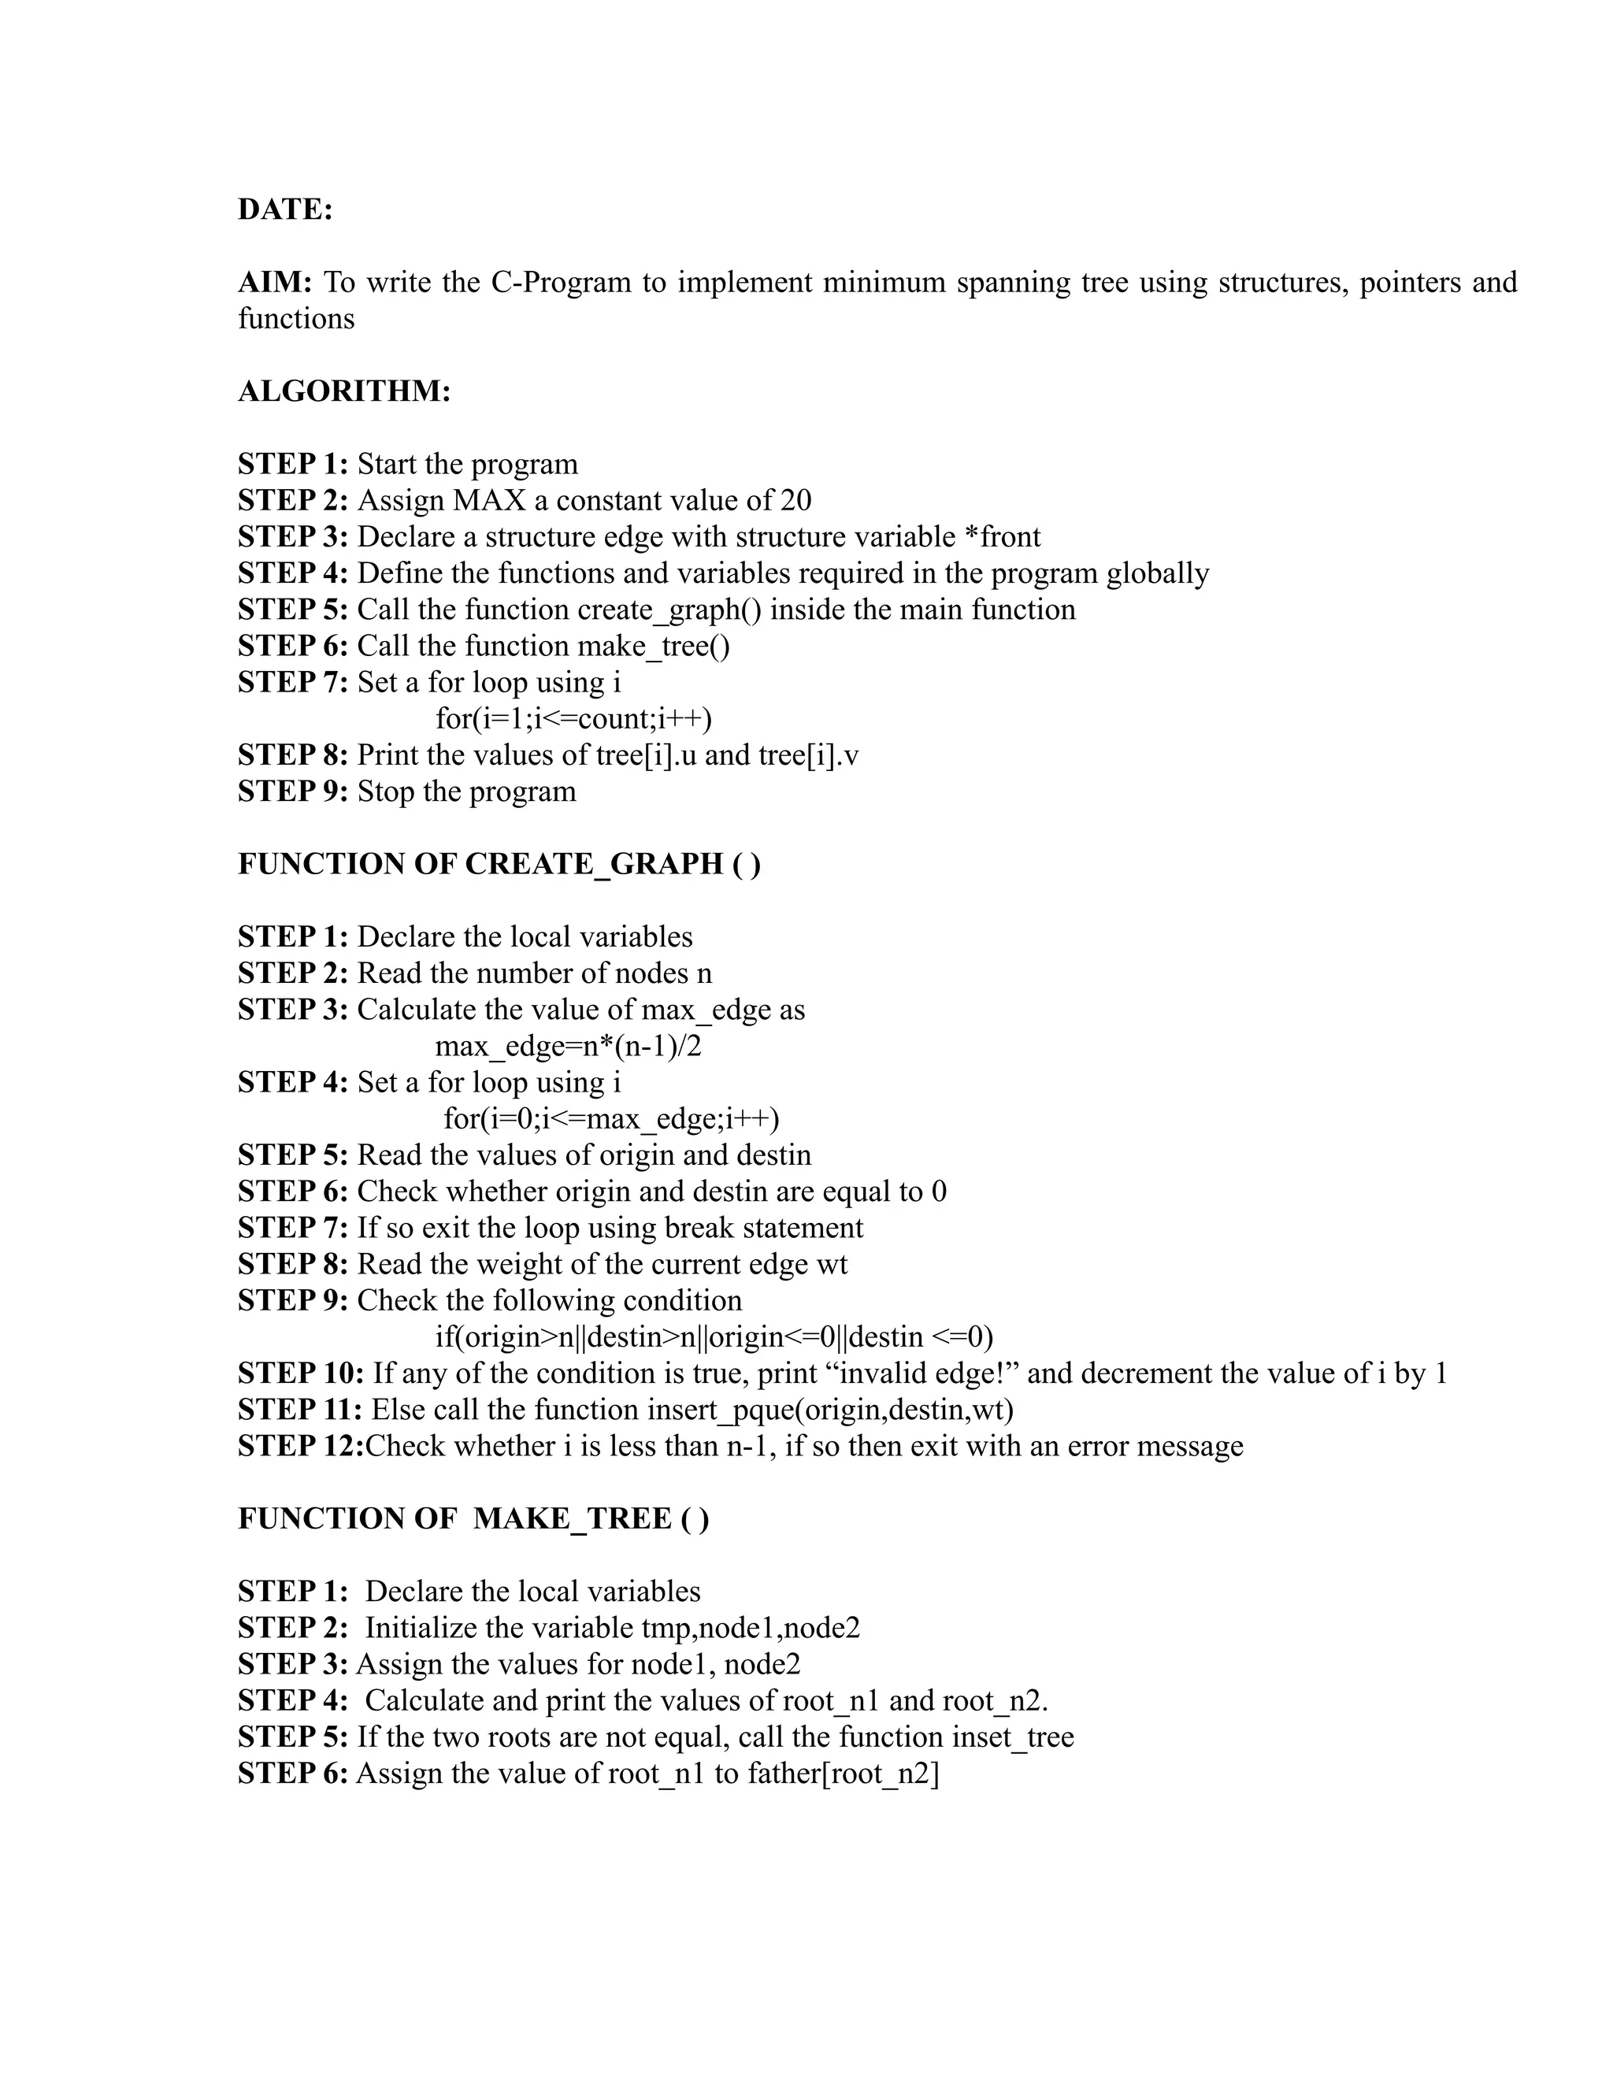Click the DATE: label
(x=285, y=209)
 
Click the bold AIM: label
(x=275, y=282)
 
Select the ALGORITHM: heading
(x=344, y=391)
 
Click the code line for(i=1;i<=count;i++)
(x=573, y=718)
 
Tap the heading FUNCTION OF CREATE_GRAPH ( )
(x=499, y=864)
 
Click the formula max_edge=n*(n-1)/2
(x=568, y=1047)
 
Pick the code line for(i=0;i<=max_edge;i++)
(x=610, y=1119)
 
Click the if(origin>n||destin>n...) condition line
(x=714, y=1337)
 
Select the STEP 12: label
(x=300, y=1446)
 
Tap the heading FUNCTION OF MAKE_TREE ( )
(x=473, y=1518)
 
